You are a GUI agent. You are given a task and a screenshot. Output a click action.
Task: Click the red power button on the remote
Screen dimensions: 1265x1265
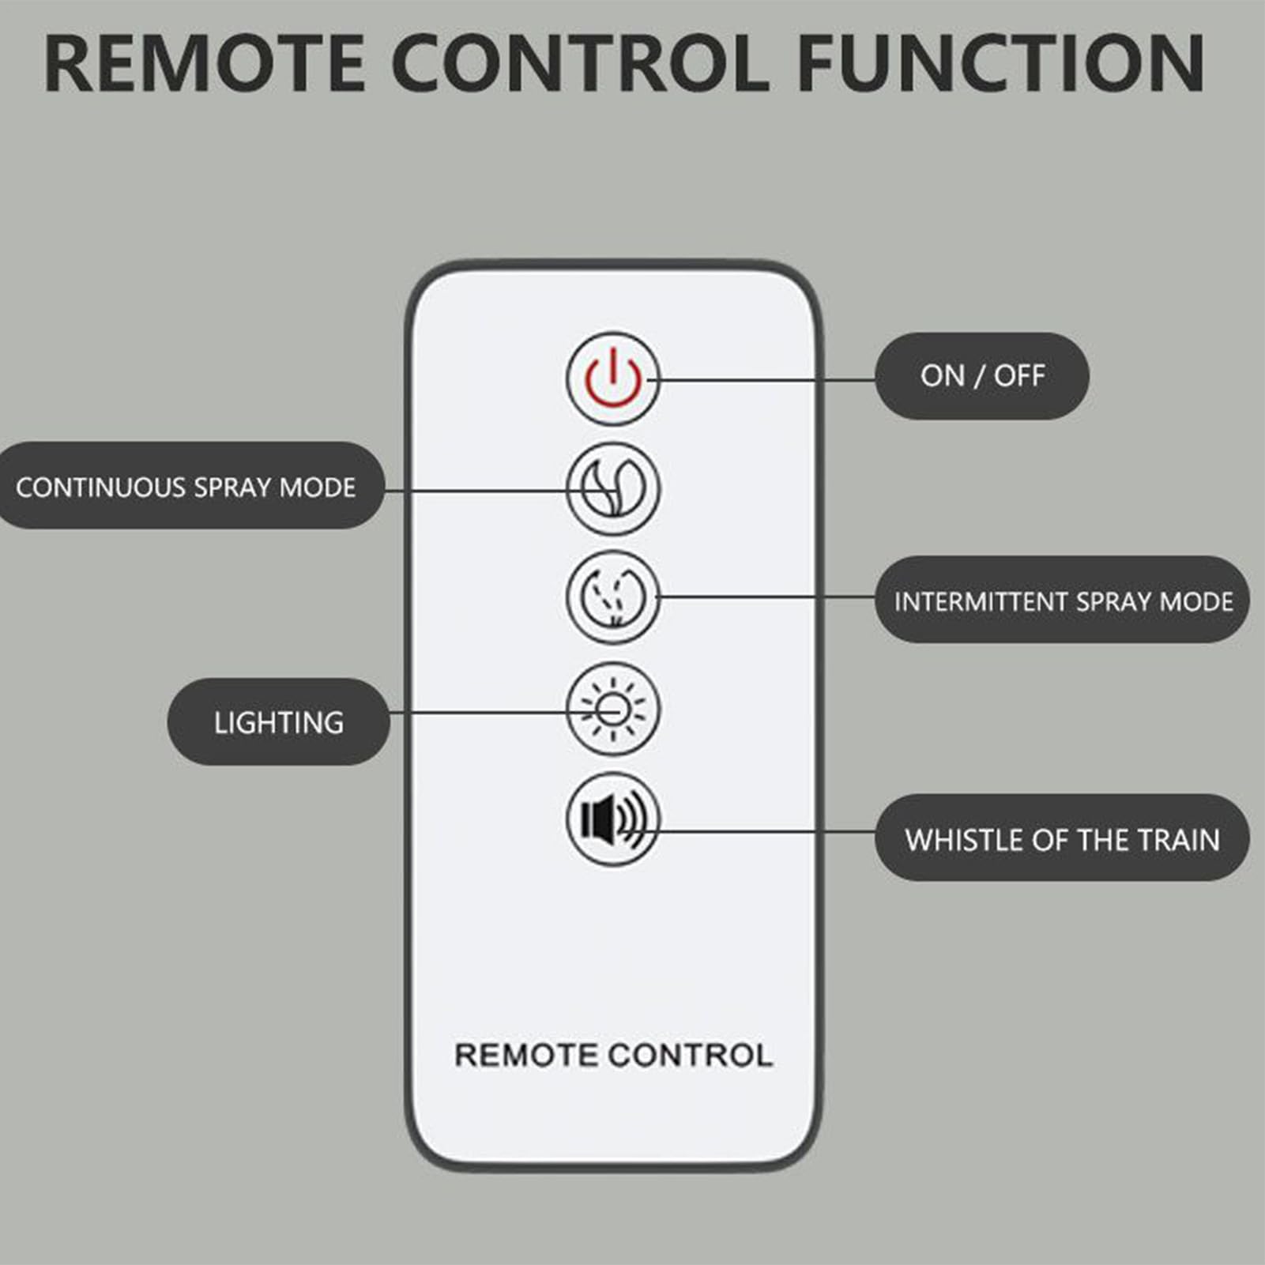(x=612, y=379)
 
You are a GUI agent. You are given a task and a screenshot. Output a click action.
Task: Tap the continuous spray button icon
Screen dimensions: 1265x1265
(x=612, y=489)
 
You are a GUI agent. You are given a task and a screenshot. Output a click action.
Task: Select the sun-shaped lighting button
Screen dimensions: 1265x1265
(x=612, y=709)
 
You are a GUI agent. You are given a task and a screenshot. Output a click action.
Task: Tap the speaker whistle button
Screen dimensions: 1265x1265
(x=612, y=819)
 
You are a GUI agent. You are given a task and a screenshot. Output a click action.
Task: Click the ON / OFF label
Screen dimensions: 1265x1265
(x=982, y=376)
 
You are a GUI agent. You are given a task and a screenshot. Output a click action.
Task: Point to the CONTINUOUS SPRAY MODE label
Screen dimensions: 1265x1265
(x=186, y=486)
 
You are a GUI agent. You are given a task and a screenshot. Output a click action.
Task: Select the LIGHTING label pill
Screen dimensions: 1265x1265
(x=279, y=721)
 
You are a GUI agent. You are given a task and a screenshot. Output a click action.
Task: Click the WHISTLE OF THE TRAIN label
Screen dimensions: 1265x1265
(x=1063, y=838)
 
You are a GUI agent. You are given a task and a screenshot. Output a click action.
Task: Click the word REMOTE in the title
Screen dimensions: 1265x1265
(x=205, y=63)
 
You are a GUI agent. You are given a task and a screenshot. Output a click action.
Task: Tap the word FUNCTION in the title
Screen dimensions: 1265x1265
(x=1001, y=63)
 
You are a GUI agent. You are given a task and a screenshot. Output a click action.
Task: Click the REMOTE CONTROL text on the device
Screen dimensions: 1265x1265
(x=613, y=1055)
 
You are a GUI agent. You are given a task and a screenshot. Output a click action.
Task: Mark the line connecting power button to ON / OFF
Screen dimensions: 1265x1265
(x=766, y=379)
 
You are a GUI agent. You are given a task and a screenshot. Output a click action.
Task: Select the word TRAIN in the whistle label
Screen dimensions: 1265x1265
(x=1178, y=839)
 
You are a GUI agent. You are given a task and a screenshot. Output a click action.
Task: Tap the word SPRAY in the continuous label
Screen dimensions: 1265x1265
(x=231, y=487)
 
